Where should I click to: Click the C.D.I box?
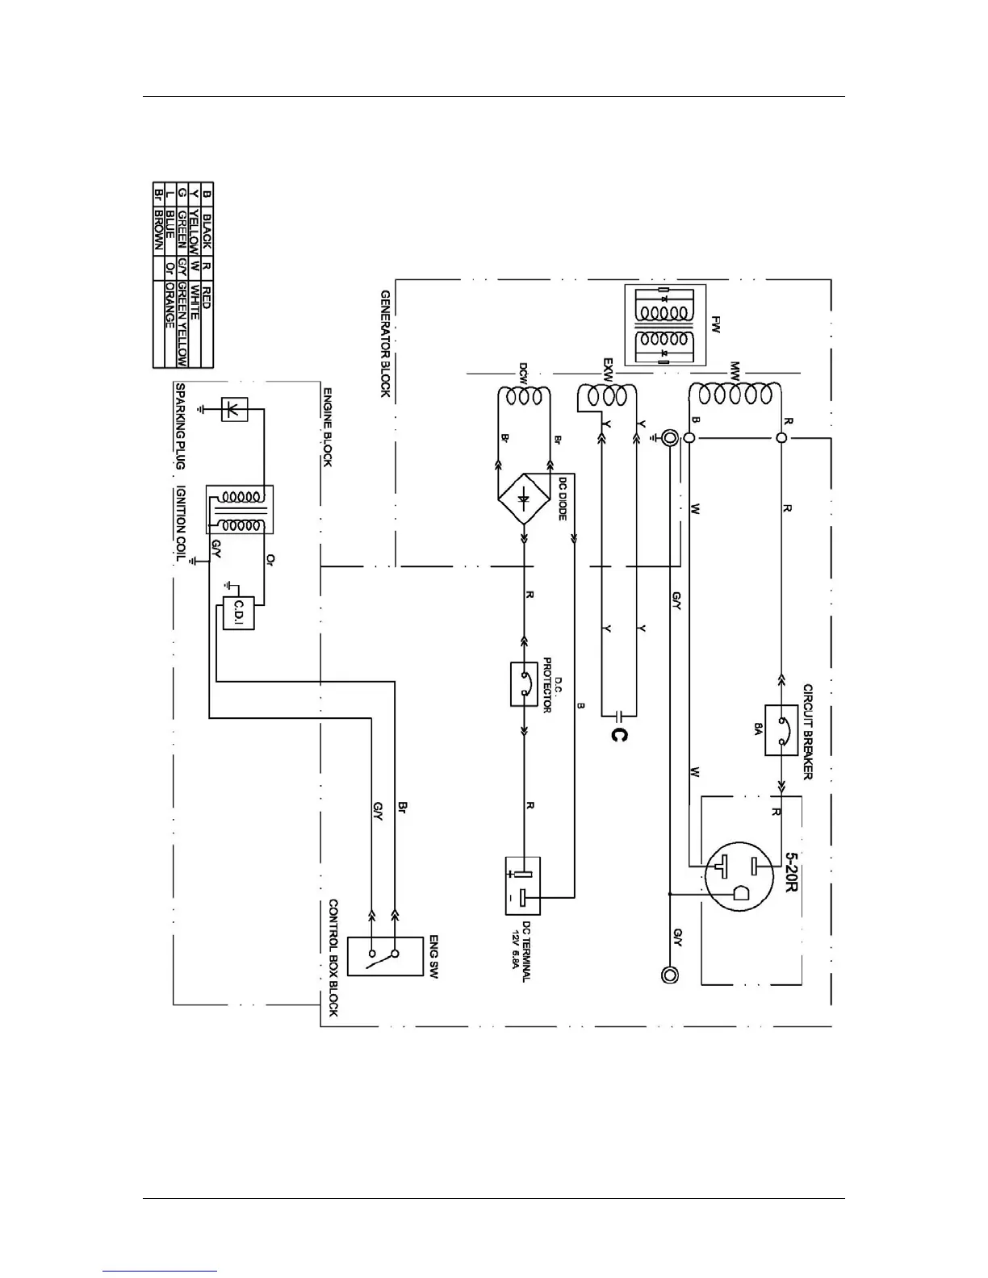click(x=239, y=613)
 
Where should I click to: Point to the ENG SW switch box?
click(x=384, y=956)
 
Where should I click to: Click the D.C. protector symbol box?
click(x=525, y=684)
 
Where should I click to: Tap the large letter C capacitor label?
click(x=617, y=735)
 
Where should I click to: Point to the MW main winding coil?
click(x=735, y=393)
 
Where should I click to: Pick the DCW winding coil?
click(x=523, y=398)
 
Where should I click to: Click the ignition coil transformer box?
click(x=240, y=509)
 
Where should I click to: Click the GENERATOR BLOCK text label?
click(x=385, y=344)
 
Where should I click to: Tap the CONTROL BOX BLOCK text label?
click(x=333, y=958)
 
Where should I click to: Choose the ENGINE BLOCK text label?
click(x=329, y=428)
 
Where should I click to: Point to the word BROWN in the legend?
click(x=158, y=220)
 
